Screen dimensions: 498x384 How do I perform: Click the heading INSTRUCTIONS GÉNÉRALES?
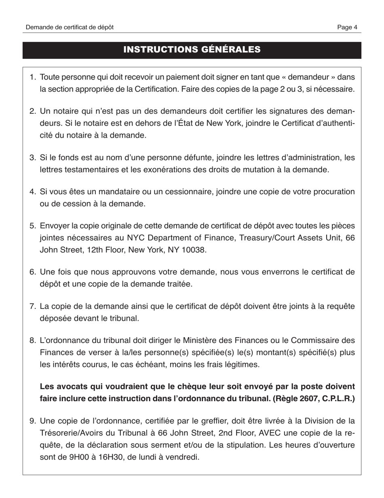click(x=192, y=50)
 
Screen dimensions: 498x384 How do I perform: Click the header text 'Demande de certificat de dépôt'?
click(x=70, y=27)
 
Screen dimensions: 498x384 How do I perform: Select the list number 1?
click(x=33, y=77)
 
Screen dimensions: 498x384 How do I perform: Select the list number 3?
click(x=33, y=157)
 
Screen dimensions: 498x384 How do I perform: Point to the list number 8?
click(x=33, y=341)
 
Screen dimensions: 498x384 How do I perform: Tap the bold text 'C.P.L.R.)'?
click(x=337, y=398)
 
